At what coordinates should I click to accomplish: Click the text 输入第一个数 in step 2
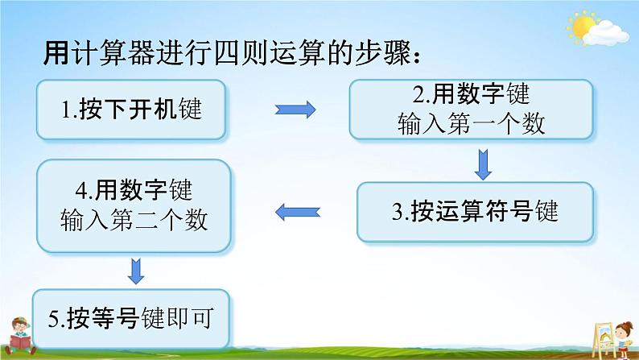pyautogui.click(x=472, y=122)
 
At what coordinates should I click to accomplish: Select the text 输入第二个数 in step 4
pyautogui.click(x=134, y=219)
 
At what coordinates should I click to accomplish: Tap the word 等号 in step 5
pyautogui.click(x=127, y=317)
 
